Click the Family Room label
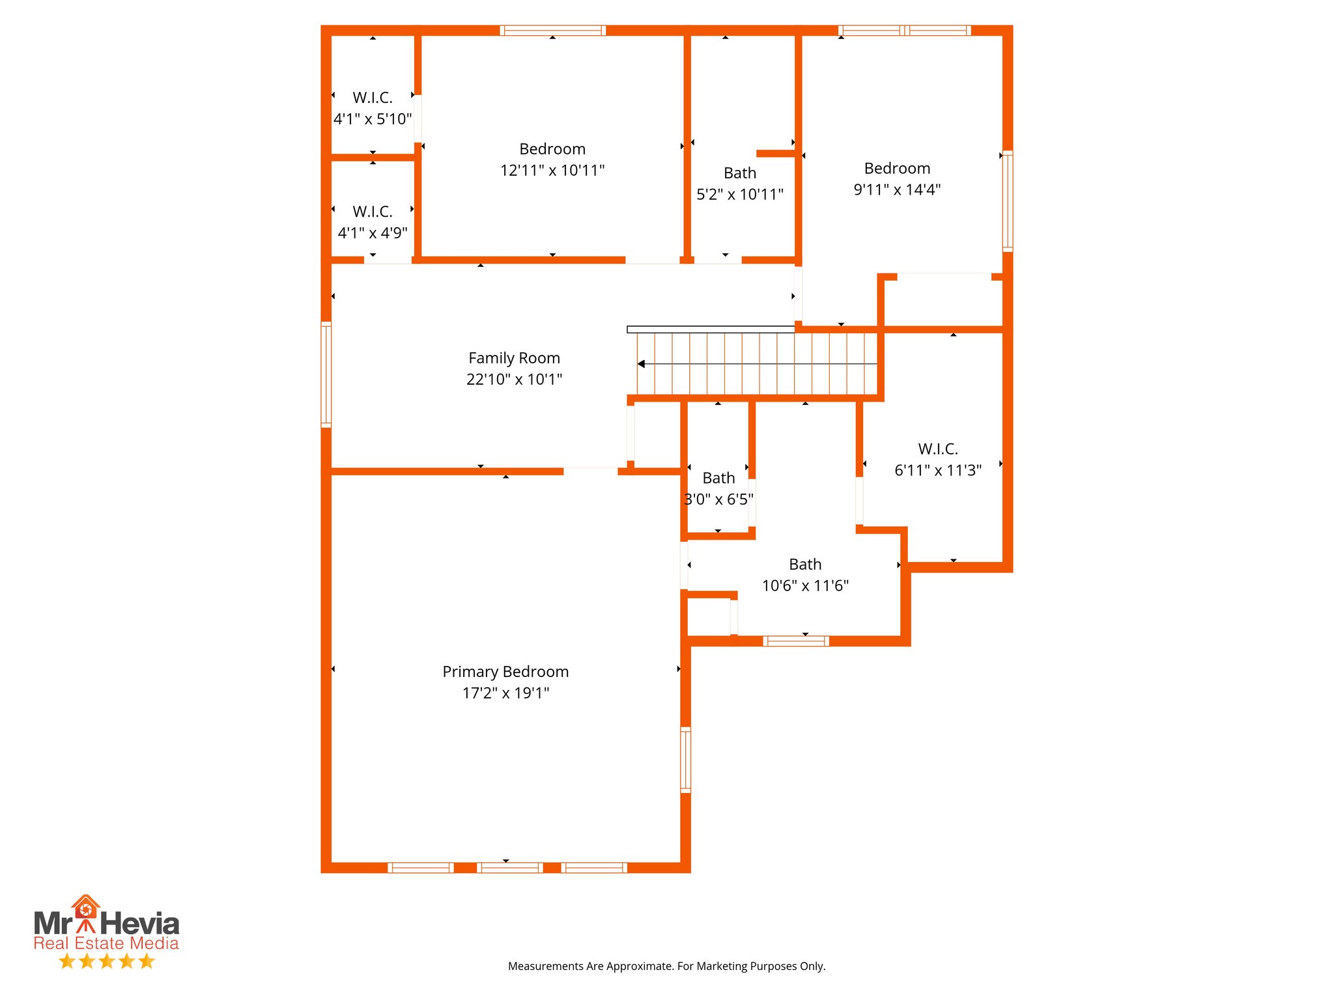tap(514, 358)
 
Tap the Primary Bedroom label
tap(505, 672)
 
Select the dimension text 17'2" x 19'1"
tap(505, 693)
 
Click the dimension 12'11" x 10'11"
tap(552, 171)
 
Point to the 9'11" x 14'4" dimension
tap(897, 190)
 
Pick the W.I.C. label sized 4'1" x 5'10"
tap(373, 98)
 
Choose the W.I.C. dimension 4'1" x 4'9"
tap(373, 233)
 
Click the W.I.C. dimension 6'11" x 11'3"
tap(937, 470)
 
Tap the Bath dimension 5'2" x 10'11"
tap(740, 195)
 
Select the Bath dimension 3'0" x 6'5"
tap(718, 499)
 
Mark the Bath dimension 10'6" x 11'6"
tap(805, 586)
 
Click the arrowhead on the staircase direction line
tap(642, 364)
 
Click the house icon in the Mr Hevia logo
tap(85, 906)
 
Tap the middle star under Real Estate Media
tap(107, 961)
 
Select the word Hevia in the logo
tap(139, 924)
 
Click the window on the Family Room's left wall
tap(326, 374)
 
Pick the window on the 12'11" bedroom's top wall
tap(552, 30)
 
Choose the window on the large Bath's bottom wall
tap(796, 641)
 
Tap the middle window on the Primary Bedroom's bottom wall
tap(510, 867)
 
